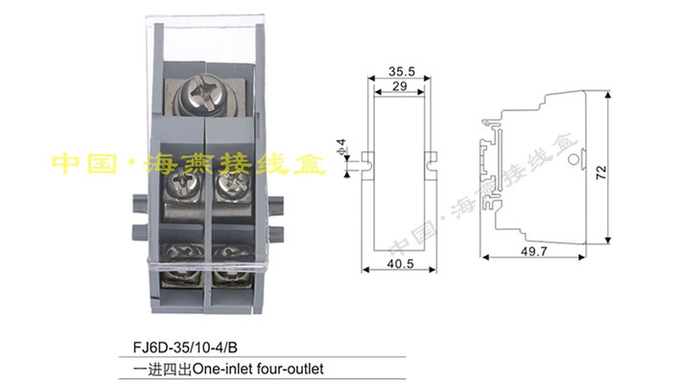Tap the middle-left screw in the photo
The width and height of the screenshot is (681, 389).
pos(180,185)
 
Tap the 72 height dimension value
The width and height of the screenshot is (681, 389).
pos(600,172)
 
